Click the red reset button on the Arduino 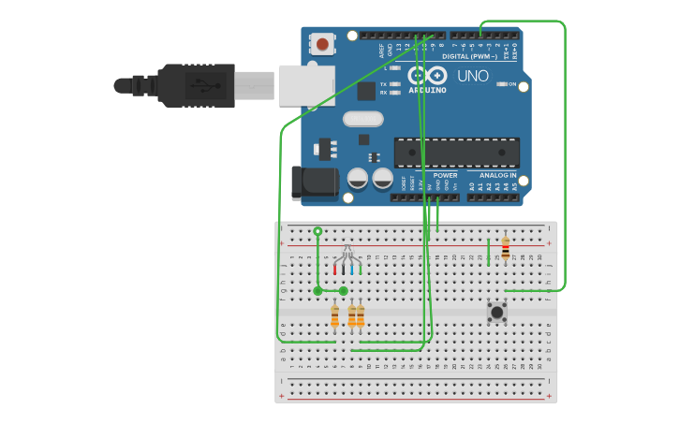pos(323,43)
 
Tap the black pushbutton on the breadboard pos(496,311)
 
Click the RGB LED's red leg pos(334,268)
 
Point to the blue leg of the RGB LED pos(352,268)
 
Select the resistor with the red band pos(506,248)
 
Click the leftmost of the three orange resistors pos(334,316)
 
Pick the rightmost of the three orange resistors pos(361,316)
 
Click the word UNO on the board pos(472,76)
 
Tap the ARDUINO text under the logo pos(427,91)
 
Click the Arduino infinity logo pos(427,76)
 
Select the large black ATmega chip pos(456,153)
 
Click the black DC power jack pos(313,183)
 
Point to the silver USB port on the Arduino pos(305,83)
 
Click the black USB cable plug pos(197,85)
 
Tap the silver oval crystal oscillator pos(363,119)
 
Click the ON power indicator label pos(512,84)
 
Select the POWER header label pos(446,175)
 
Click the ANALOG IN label pos(497,175)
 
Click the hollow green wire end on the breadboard pos(317,230)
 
